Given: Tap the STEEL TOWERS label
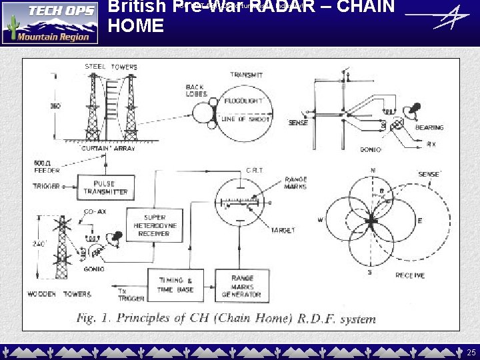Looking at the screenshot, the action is pyautogui.click(x=111, y=67).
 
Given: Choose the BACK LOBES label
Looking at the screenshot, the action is pyautogui.click(x=195, y=91).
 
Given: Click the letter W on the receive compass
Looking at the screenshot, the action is pyautogui.click(x=320, y=220).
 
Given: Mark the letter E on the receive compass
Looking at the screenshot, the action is pyautogui.click(x=419, y=221).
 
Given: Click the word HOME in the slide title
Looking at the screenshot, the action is pyautogui.click(x=135, y=27).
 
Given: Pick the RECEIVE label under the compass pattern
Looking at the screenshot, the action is pyautogui.click(x=411, y=275).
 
